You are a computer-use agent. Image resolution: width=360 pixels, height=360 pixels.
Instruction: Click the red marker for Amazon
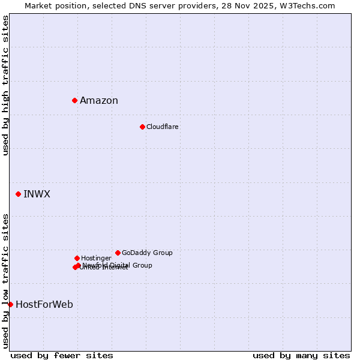coord(74,100)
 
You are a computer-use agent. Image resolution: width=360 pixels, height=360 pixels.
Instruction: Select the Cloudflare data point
coord(142,127)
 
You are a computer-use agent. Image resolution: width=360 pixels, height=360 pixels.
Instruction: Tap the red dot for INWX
coord(18,194)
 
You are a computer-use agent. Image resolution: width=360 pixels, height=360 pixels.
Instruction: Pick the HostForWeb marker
coord(10,304)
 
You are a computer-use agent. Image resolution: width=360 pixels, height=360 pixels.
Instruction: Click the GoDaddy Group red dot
coord(118,253)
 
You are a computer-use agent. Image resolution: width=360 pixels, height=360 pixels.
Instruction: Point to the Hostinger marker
coord(77,258)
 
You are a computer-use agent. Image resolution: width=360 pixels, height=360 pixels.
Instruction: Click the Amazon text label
coord(99,101)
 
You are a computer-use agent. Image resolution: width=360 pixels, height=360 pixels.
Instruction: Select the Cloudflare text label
coord(162,127)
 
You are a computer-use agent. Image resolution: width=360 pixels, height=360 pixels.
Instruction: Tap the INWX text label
coord(37,194)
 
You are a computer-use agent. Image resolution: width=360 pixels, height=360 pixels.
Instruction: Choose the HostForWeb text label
coord(44,305)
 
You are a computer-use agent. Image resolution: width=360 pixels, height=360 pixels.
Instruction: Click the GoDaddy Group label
coord(147,253)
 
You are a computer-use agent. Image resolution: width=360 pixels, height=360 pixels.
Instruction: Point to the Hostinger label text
coord(96,258)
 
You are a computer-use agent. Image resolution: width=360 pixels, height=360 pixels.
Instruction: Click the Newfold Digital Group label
coord(118,265)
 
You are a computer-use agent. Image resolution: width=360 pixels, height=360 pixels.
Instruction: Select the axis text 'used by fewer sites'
coord(62,355)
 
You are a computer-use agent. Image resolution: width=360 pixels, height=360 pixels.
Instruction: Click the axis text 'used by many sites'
coord(301,355)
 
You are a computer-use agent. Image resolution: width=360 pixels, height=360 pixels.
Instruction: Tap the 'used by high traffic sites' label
coord(5,85)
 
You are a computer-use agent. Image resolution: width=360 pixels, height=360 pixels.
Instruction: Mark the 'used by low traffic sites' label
coord(5,280)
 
